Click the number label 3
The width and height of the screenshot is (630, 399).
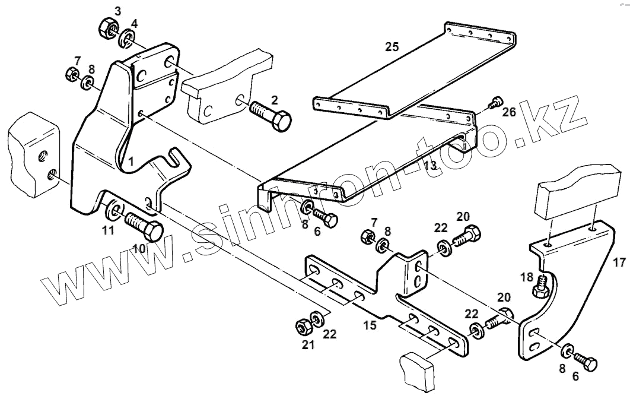coord(117,11)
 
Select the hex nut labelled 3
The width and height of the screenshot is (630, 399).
coord(107,28)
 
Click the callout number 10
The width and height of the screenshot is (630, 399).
coord(139,248)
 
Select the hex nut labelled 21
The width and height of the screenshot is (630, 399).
coord(301,326)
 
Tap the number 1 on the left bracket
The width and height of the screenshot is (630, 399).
coord(130,161)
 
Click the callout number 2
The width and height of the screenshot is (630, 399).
coord(274,99)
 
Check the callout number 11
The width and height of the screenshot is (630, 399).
coord(107,231)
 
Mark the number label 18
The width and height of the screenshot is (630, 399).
coord(526,277)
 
